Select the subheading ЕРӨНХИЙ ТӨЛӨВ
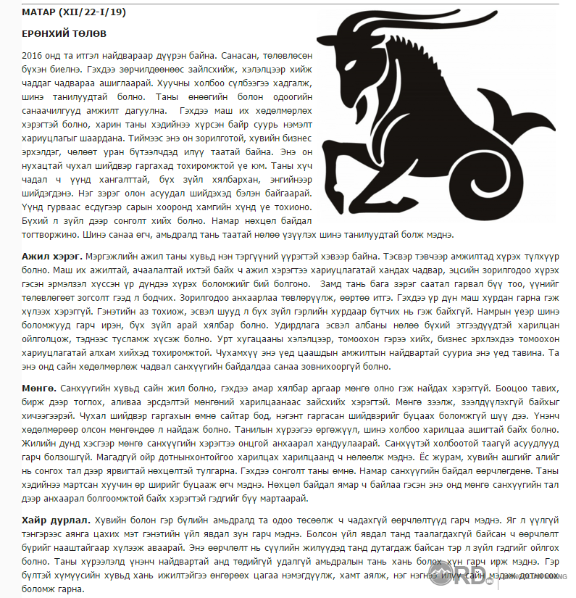63,34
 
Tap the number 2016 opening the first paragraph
33,56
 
